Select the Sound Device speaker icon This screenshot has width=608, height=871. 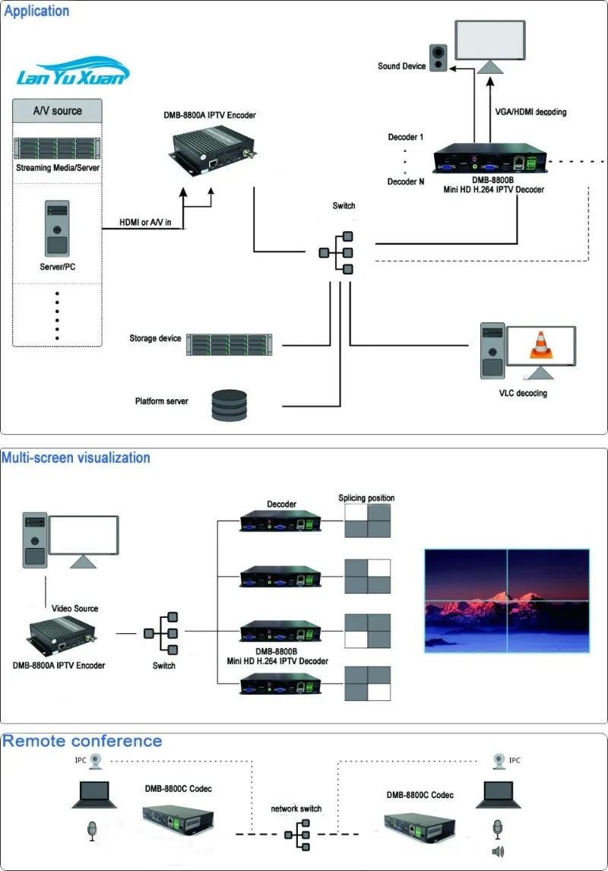[438, 58]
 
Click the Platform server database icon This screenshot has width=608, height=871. [230, 405]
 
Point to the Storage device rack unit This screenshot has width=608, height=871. [230, 344]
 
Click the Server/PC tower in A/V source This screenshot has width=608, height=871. [57, 228]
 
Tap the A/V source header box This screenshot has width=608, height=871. [57, 110]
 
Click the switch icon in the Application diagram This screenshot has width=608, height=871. [336, 253]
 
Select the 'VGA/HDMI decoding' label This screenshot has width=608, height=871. [530, 112]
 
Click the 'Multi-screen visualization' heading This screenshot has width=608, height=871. [76, 458]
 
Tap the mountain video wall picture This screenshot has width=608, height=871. [507, 600]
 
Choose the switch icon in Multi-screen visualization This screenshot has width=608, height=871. [161, 633]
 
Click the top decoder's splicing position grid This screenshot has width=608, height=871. [368, 521]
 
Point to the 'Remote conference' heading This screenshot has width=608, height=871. [82, 741]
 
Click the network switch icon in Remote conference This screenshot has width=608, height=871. [297, 835]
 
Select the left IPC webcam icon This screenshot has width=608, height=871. [96, 761]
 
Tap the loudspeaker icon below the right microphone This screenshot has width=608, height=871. [498, 851]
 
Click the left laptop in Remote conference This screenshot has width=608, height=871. [95, 794]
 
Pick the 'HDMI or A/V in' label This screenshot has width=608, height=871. [145, 222]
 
